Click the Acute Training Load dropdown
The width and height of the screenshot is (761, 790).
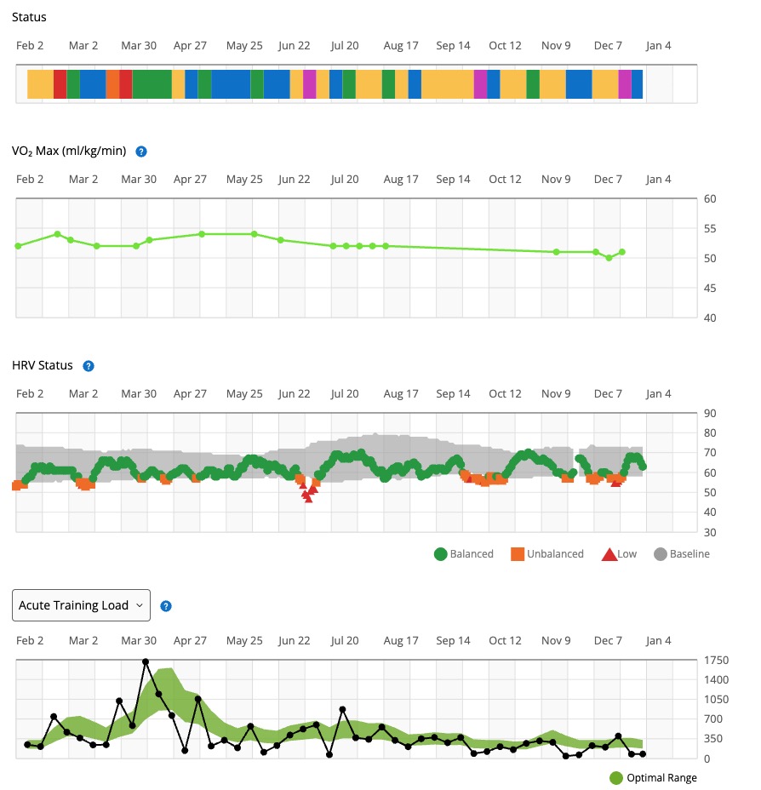pos(82,605)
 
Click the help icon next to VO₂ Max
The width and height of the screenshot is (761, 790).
pos(141,152)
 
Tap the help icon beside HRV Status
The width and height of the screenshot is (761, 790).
pos(89,366)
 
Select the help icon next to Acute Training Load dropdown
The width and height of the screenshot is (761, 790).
pos(166,606)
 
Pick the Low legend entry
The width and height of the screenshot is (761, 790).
pos(619,554)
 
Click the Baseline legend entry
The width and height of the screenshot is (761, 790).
pos(681,554)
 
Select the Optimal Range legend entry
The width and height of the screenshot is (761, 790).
pos(653,777)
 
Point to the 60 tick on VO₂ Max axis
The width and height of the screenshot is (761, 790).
pos(709,199)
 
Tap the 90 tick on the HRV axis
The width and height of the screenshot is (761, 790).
pos(709,414)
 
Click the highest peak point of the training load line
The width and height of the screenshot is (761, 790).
pos(146,661)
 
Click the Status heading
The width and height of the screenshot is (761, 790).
pos(30,17)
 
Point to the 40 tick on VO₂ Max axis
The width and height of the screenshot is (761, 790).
pos(709,318)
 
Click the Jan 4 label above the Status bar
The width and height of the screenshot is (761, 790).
pos(657,45)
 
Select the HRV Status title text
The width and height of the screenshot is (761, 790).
pos(43,366)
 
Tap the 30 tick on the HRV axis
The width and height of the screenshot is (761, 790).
pos(709,532)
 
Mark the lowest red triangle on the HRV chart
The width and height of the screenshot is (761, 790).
pos(308,499)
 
